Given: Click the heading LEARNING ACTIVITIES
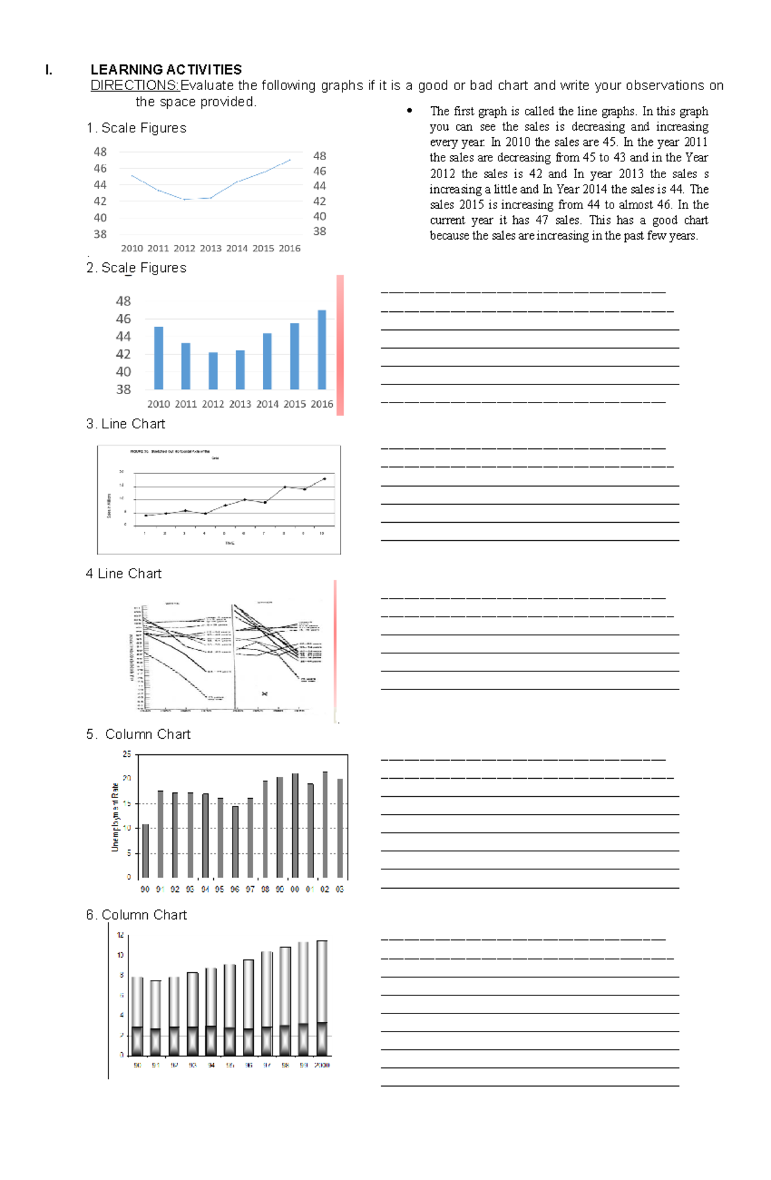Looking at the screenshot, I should (x=166, y=69).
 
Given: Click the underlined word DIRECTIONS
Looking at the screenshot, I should (x=134, y=86).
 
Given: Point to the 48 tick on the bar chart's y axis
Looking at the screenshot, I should (x=123, y=301).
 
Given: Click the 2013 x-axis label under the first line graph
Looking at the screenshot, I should (x=210, y=248).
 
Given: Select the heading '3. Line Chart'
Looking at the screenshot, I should (x=125, y=424).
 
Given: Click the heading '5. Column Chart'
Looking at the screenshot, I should (x=138, y=734).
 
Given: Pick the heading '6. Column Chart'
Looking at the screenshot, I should (x=136, y=915).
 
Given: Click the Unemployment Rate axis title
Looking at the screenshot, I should (x=115, y=817).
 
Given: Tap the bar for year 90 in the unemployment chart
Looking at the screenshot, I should (x=145, y=850).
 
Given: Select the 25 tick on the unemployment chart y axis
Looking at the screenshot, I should (x=127, y=754).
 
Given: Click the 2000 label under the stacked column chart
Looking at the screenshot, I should (x=322, y=1066).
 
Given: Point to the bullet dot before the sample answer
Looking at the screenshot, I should (x=409, y=111).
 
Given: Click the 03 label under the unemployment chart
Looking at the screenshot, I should (x=340, y=889).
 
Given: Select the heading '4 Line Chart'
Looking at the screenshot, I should (x=123, y=574).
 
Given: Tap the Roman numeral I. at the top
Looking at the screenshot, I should (x=49, y=70).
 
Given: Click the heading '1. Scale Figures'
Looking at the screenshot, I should (x=136, y=128).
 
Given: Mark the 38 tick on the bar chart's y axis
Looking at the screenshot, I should (x=123, y=389).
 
